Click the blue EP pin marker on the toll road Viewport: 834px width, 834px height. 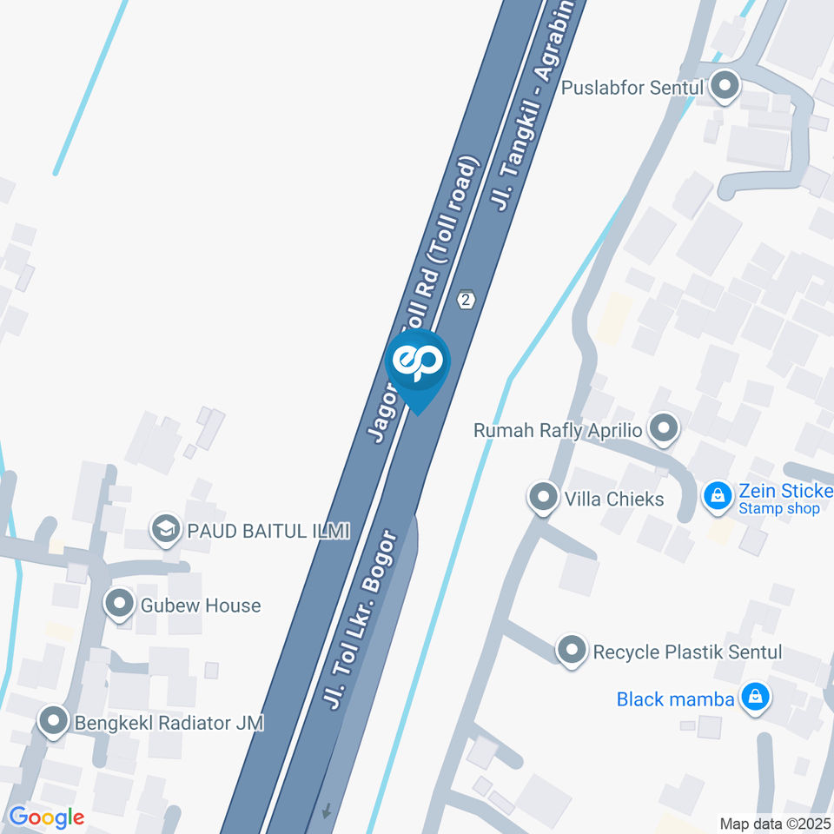coord(418,363)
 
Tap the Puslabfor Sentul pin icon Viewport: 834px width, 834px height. coord(724,86)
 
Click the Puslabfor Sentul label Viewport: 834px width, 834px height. coord(632,88)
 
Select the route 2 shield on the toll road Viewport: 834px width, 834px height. coord(467,300)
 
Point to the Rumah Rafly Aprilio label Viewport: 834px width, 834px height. coord(557,430)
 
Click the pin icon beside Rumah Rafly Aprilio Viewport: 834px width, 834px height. coord(665,427)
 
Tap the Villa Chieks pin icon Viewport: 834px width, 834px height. coord(543,498)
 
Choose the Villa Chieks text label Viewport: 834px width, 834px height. coord(613,499)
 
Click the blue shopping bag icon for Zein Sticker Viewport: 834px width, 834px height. coord(717,496)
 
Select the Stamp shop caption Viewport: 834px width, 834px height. coord(778,509)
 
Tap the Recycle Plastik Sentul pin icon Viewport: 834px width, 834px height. coord(571,650)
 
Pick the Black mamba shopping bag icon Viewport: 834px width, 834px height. coord(756,698)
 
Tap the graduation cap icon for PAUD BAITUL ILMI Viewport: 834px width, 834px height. coord(164,529)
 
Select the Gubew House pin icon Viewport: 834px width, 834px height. coord(119,604)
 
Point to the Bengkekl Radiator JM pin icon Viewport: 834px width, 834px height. coord(54,721)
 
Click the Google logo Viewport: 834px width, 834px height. coord(46,817)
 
